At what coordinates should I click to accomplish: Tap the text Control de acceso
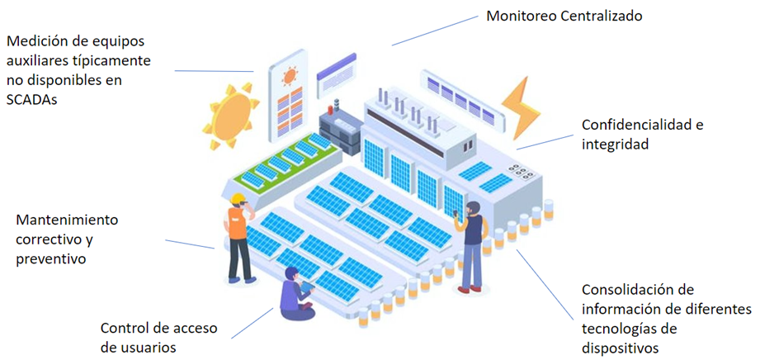(x=158, y=327)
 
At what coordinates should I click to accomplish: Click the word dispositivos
(x=620, y=348)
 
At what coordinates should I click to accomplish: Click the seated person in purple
(x=295, y=294)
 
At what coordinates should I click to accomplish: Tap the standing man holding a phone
(x=472, y=244)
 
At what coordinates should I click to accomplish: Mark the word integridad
(x=615, y=144)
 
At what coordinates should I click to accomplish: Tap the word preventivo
(x=50, y=259)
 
